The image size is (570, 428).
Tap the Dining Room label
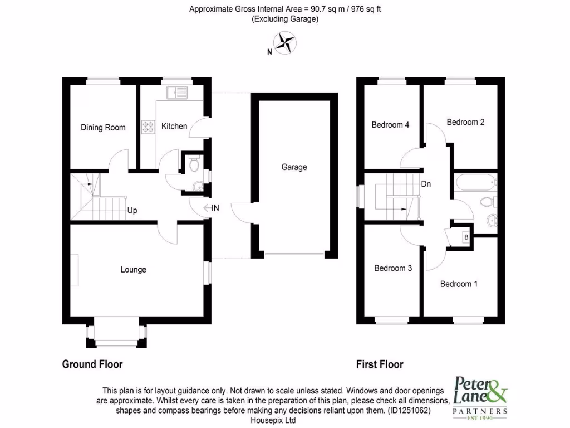[x=103, y=128]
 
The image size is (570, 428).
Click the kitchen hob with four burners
[x=149, y=127]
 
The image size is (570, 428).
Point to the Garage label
[x=294, y=167]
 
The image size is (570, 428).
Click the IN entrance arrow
[x=212, y=208]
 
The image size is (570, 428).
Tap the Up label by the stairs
[x=132, y=211]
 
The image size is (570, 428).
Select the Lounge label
[x=134, y=270]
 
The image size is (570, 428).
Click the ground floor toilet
[x=194, y=164]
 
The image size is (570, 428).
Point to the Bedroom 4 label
[x=390, y=125]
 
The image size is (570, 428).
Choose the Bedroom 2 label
[x=465, y=122]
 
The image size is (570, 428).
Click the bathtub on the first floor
[x=475, y=182]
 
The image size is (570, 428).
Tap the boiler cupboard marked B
[x=465, y=237]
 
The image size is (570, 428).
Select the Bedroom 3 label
[x=393, y=268]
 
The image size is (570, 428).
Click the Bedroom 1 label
[x=459, y=284]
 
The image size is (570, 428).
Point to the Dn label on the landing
[x=426, y=183]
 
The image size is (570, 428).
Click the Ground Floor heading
[x=92, y=364]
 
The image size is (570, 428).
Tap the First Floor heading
[x=380, y=364]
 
